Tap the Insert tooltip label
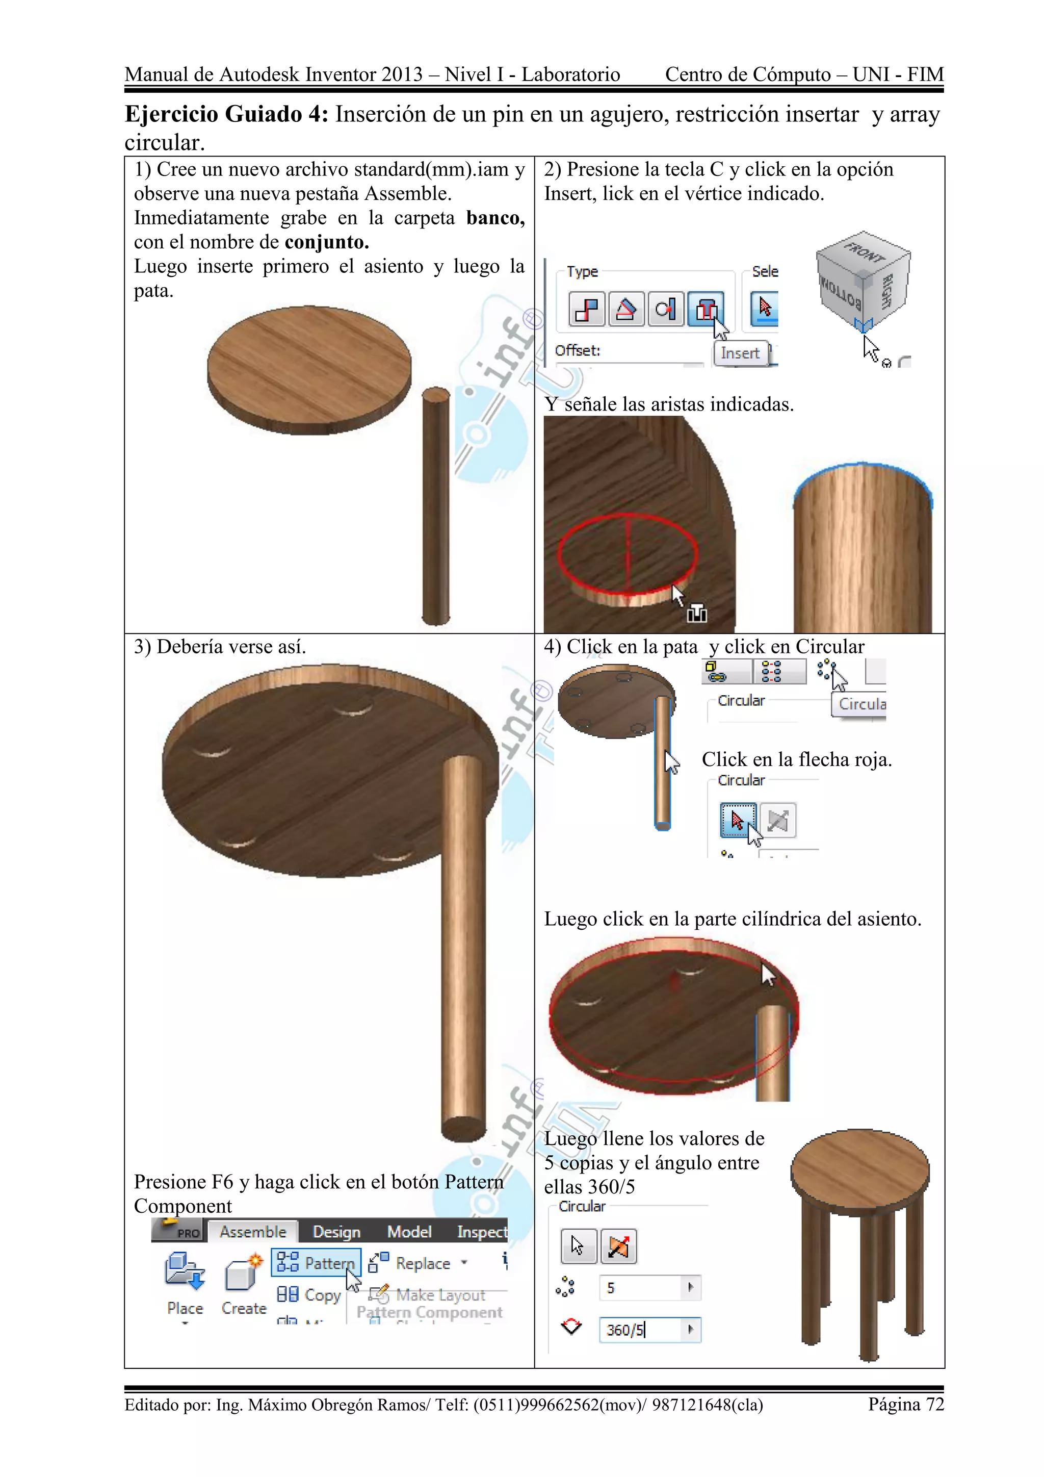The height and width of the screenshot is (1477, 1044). coord(740,353)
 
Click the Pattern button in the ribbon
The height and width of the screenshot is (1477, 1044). coord(316,1263)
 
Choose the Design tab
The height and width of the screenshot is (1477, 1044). coord(336,1232)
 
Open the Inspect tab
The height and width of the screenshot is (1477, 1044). coord(482,1232)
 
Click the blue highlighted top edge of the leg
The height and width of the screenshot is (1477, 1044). coord(862,465)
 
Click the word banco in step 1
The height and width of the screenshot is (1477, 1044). coord(495,218)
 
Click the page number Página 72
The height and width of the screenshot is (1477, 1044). coord(905,1404)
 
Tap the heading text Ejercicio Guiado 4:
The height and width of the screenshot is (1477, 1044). coord(226,115)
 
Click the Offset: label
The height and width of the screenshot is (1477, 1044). coord(577,350)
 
